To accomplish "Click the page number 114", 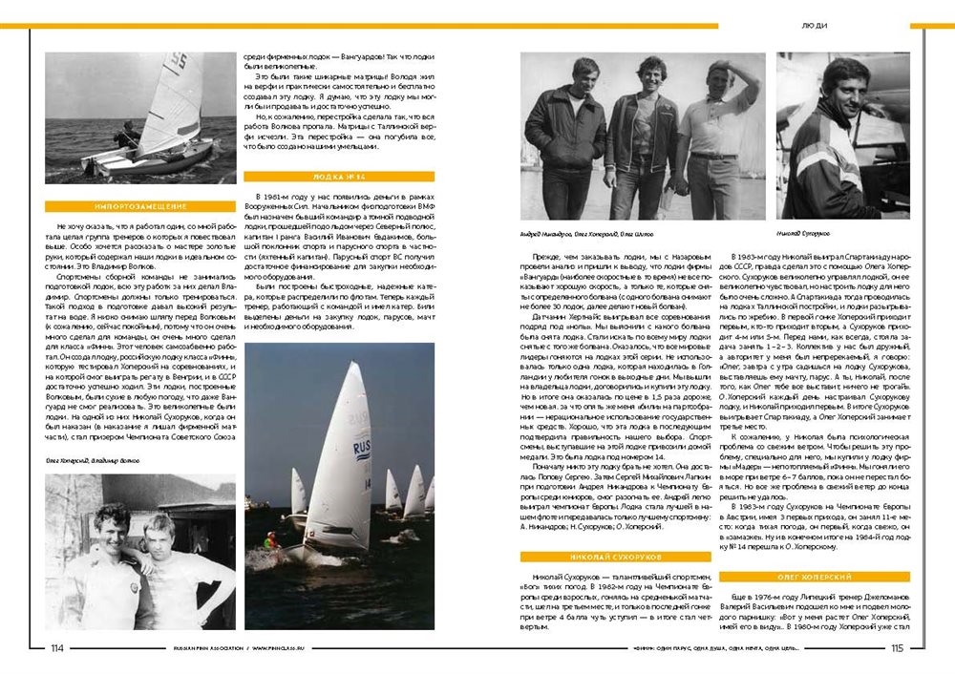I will point(56,648).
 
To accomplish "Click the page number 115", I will point(897,648).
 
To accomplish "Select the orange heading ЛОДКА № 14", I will point(339,177).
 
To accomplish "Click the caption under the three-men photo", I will point(580,232).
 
